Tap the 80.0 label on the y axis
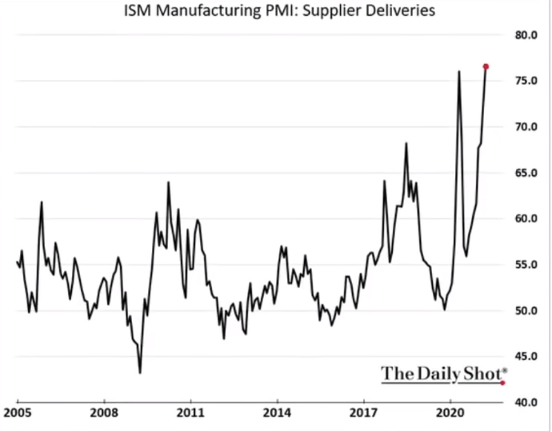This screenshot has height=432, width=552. click(527, 35)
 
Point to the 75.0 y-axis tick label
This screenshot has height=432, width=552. click(527, 81)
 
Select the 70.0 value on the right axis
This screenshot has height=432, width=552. click(527, 126)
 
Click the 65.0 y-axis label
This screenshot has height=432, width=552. click(527, 173)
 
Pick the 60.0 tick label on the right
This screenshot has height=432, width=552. click(527, 218)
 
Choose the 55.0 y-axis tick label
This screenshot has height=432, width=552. click(527, 264)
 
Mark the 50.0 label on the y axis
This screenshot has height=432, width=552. click(527, 310)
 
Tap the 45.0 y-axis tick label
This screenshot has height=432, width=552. click(527, 356)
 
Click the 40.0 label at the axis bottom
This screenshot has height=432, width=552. click(527, 402)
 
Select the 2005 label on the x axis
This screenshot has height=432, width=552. click(17, 415)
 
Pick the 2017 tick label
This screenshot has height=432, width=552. click(364, 415)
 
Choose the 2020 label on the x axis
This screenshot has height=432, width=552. click(450, 415)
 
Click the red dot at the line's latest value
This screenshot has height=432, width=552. click(486, 66)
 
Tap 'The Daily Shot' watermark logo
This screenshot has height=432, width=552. click(443, 373)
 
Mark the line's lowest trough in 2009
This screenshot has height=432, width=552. click(140, 373)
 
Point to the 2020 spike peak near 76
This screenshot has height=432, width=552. click(459, 72)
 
